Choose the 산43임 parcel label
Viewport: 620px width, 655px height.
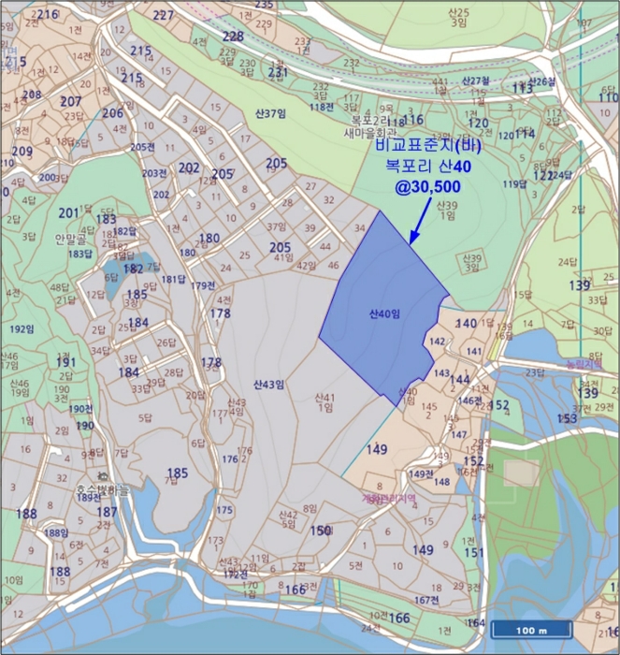(x=268, y=384)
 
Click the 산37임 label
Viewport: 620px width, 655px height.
(x=268, y=114)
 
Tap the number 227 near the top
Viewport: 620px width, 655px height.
(x=164, y=16)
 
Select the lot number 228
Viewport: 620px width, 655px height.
(x=233, y=36)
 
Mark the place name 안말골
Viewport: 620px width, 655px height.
(x=70, y=239)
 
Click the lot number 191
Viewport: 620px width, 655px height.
(x=65, y=362)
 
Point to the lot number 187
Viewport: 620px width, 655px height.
(x=108, y=512)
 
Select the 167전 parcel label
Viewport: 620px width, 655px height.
(x=426, y=600)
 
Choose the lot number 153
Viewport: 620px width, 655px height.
(x=567, y=417)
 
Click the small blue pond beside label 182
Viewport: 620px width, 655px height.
(x=115, y=272)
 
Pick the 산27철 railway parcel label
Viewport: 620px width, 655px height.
(x=476, y=81)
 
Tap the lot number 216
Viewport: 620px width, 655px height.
(x=46, y=14)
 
